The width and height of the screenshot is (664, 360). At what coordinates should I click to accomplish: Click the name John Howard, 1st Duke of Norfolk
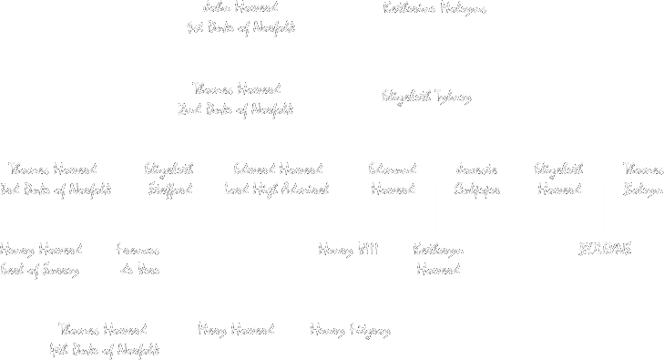(x=240, y=17)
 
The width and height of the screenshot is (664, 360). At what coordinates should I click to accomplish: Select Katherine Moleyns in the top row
(x=434, y=9)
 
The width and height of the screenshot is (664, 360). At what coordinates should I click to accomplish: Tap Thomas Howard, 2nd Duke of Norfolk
(x=236, y=99)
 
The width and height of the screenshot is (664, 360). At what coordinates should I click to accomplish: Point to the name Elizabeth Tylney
(x=426, y=97)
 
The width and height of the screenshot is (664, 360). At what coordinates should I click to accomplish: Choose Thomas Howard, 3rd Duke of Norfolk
(x=55, y=180)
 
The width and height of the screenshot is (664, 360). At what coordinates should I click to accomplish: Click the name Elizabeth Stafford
(x=169, y=180)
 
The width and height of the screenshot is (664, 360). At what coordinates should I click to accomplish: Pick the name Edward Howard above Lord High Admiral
(x=277, y=170)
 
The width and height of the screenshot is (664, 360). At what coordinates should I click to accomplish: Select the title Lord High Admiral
(x=277, y=190)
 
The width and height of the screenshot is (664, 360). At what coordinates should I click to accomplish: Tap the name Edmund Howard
(x=393, y=180)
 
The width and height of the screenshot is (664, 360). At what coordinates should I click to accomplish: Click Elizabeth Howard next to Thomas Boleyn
(x=558, y=180)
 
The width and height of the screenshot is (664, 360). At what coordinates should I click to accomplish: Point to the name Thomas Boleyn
(x=642, y=180)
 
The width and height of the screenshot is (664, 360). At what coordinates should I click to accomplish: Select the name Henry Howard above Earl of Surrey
(x=41, y=250)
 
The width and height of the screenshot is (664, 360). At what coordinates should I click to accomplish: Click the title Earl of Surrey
(x=39, y=271)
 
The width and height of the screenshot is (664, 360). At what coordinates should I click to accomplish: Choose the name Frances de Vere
(x=138, y=260)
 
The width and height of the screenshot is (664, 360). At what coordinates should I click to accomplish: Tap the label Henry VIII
(x=348, y=250)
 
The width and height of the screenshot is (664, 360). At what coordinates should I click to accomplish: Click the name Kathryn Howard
(x=438, y=260)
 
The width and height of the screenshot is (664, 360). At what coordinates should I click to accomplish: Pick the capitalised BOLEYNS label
(x=605, y=250)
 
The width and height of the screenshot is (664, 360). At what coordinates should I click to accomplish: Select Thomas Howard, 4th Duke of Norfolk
(x=104, y=339)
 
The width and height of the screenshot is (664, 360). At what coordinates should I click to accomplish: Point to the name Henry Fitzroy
(x=350, y=330)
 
